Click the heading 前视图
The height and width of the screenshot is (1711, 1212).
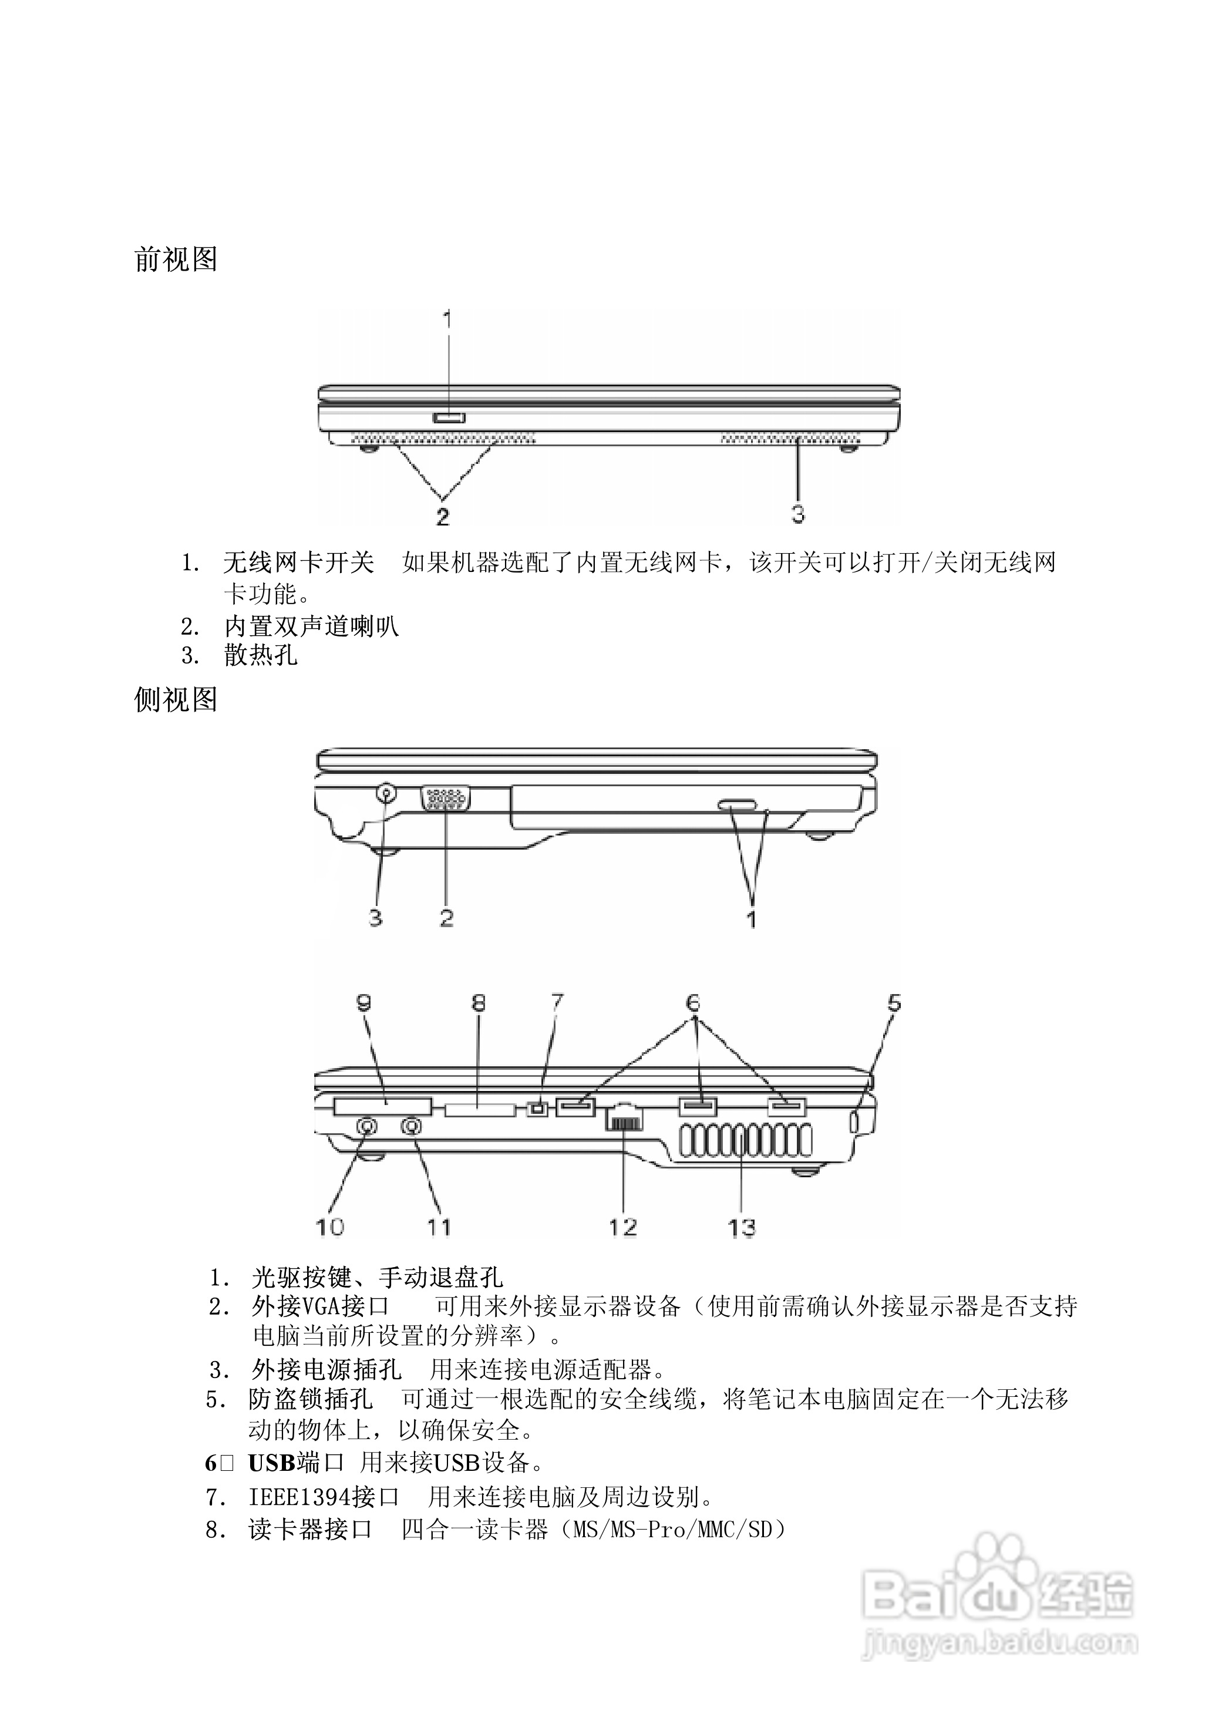click(176, 259)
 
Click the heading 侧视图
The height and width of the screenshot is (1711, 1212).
click(176, 700)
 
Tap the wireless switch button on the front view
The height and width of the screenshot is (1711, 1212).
click(449, 416)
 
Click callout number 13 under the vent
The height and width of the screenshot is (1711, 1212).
click(741, 1228)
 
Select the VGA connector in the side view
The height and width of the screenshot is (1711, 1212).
click(446, 798)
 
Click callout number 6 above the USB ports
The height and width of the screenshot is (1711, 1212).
click(693, 1001)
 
